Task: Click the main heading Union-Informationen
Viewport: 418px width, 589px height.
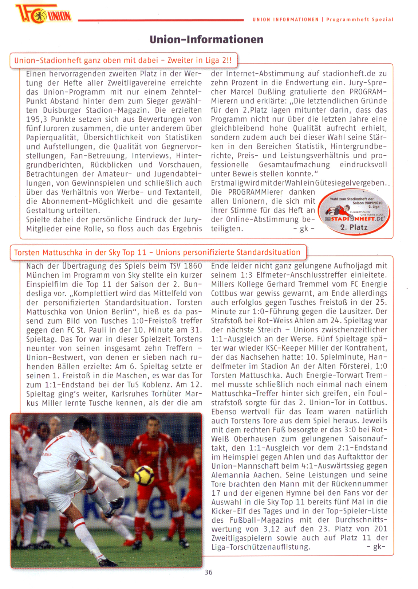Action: point(206,39)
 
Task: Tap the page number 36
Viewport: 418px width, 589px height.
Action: point(208,572)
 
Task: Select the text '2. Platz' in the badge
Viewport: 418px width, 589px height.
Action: point(354,227)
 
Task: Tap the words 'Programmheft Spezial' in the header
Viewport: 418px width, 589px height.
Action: point(360,20)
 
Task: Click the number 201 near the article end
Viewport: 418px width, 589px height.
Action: point(381,529)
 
